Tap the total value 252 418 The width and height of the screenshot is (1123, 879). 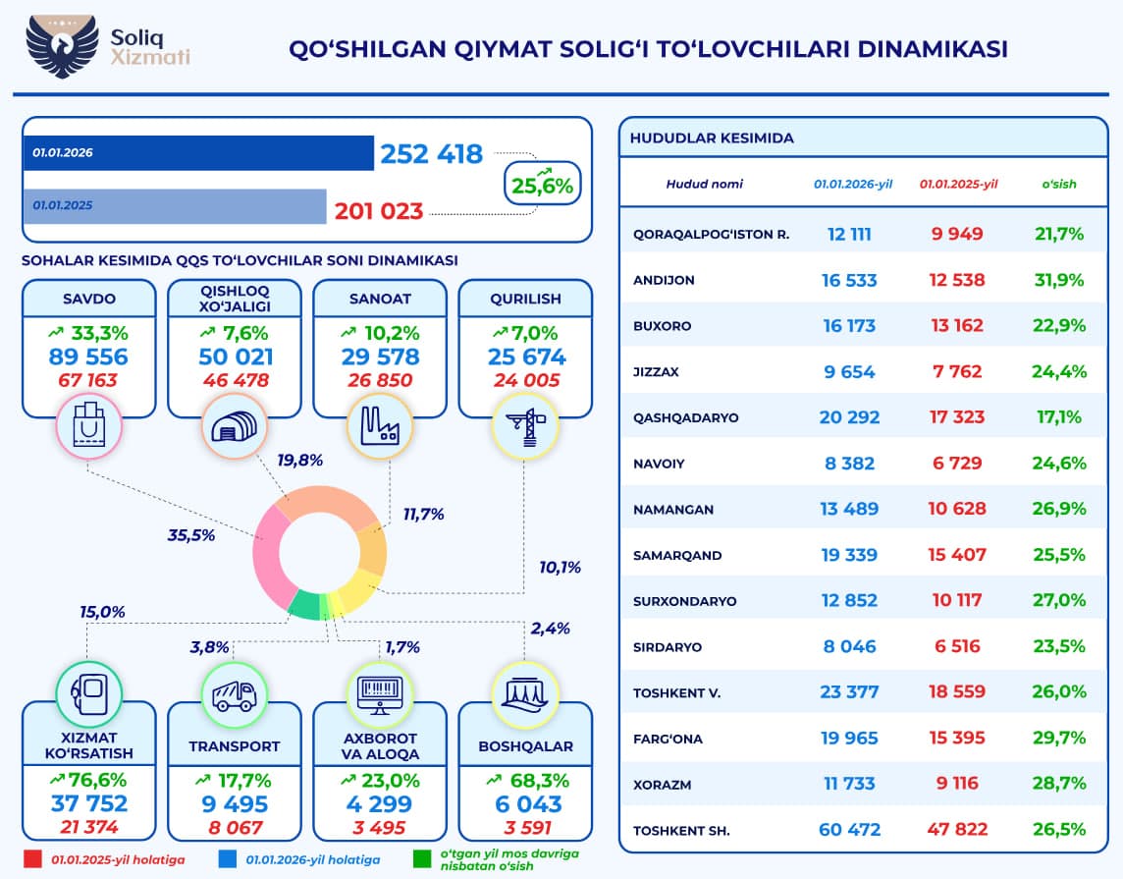tap(431, 154)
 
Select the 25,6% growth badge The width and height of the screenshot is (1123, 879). tap(543, 181)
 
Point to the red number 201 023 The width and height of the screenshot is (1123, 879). tap(379, 210)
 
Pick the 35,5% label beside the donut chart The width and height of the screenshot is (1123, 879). tap(191, 535)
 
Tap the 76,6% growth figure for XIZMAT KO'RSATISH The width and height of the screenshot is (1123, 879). tap(89, 780)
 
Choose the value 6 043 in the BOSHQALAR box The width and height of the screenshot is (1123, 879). tap(525, 803)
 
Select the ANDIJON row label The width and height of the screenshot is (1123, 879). tap(665, 280)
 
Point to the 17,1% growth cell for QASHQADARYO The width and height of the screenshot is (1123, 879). tap(1058, 417)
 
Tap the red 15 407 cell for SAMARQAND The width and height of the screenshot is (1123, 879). tap(955, 555)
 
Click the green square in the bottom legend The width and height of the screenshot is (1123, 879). tap(421, 858)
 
